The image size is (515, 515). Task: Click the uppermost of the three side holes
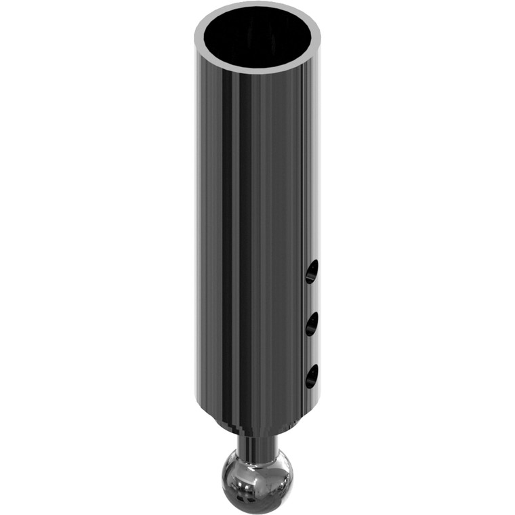point(311,272)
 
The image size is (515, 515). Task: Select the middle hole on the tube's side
point(311,325)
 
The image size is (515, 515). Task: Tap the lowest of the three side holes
point(311,377)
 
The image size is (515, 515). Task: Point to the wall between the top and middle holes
point(311,299)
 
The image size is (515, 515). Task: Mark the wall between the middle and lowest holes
point(311,351)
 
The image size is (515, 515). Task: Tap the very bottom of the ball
point(257,508)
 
